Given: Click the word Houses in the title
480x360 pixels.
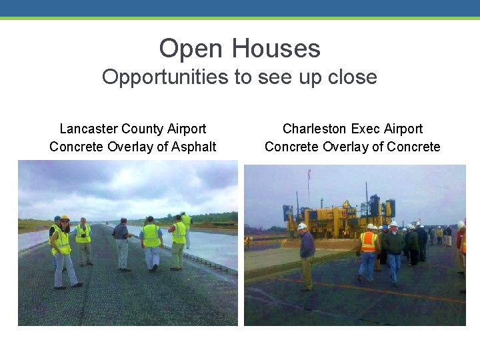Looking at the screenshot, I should (276, 49).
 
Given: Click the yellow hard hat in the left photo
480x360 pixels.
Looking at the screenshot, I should (65, 218).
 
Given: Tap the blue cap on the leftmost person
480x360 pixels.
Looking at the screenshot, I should (57, 219).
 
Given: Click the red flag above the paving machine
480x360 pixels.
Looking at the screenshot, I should (309, 175).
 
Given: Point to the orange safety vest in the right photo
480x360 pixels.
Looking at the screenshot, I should (368, 242).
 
